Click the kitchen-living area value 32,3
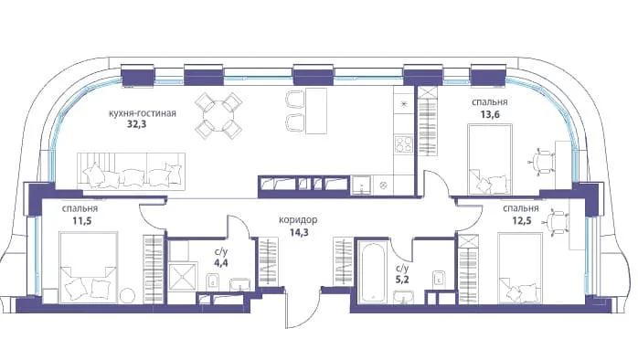(x=137, y=123)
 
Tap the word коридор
(x=298, y=220)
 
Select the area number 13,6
(x=490, y=114)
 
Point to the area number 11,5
(x=80, y=221)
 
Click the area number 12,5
(x=522, y=221)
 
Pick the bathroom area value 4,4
(x=221, y=262)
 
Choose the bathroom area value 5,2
(x=403, y=280)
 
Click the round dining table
(x=218, y=115)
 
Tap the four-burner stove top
(x=404, y=144)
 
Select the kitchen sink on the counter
(x=362, y=185)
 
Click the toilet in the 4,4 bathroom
(x=213, y=282)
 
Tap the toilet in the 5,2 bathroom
(x=439, y=279)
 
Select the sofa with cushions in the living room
(x=131, y=172)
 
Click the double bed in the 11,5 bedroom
(x=89, y=268)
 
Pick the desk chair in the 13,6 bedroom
(x=542, y=162)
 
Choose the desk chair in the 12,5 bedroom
(x=556, y=223)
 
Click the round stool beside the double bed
(x=126, y=295)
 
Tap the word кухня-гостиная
(x=143, y=113)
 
